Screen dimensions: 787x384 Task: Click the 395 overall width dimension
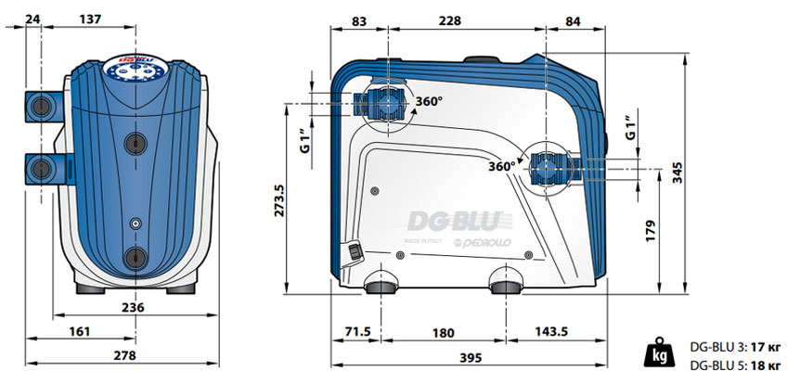coord(471,358)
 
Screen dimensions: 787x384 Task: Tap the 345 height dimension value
coord(677,172)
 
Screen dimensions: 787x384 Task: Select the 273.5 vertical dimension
coord(279,200)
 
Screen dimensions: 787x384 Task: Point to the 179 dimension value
coord(651,231)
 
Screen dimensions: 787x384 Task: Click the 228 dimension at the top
coord(449,21)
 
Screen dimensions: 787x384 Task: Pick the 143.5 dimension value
coord(551,332)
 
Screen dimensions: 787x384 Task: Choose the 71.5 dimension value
coord(357,332)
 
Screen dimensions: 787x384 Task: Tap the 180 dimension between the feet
coord(443,333)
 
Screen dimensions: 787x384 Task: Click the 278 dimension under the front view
coord(124,355)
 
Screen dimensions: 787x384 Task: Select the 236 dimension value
coord(133,307)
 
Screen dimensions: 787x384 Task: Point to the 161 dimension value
coord(79,331)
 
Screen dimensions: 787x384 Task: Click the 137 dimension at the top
coord(90,19)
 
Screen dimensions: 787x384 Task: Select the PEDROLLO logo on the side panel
coord(482,243)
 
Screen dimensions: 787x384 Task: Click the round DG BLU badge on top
coord(135,70)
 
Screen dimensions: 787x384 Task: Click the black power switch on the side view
coord(355,251)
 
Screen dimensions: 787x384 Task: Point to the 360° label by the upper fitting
coord(429,101)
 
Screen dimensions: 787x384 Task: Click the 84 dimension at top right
coord(573,21)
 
